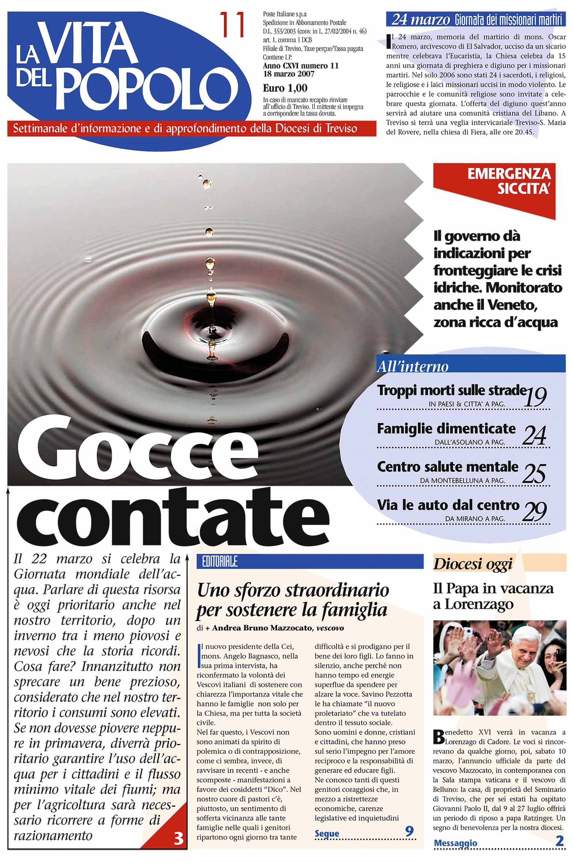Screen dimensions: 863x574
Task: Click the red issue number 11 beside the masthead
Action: (232, 24)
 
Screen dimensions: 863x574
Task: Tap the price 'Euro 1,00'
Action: (285, 88)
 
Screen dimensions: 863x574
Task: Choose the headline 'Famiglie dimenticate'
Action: (446, 429)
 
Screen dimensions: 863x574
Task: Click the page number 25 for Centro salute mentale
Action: (535, 473)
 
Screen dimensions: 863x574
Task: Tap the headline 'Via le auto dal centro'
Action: (448, 505)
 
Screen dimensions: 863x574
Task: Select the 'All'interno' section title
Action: (413, 366)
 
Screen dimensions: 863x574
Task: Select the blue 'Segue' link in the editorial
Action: (327, 833)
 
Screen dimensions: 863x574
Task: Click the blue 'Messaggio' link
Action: (455, 843)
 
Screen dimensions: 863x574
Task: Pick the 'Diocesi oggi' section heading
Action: (472, 564)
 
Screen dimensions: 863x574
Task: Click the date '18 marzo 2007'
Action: (289, 74)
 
